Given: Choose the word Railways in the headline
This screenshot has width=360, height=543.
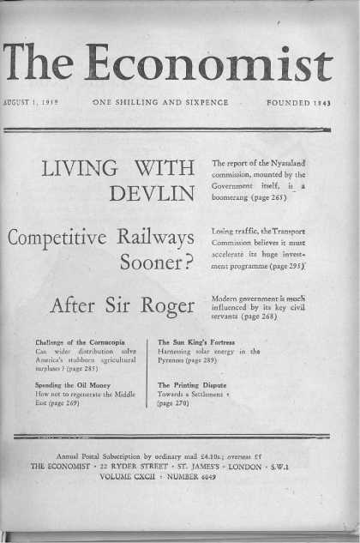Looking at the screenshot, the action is [x=160, y=236].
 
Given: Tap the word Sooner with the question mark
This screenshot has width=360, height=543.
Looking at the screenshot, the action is [x=155, y=265].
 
